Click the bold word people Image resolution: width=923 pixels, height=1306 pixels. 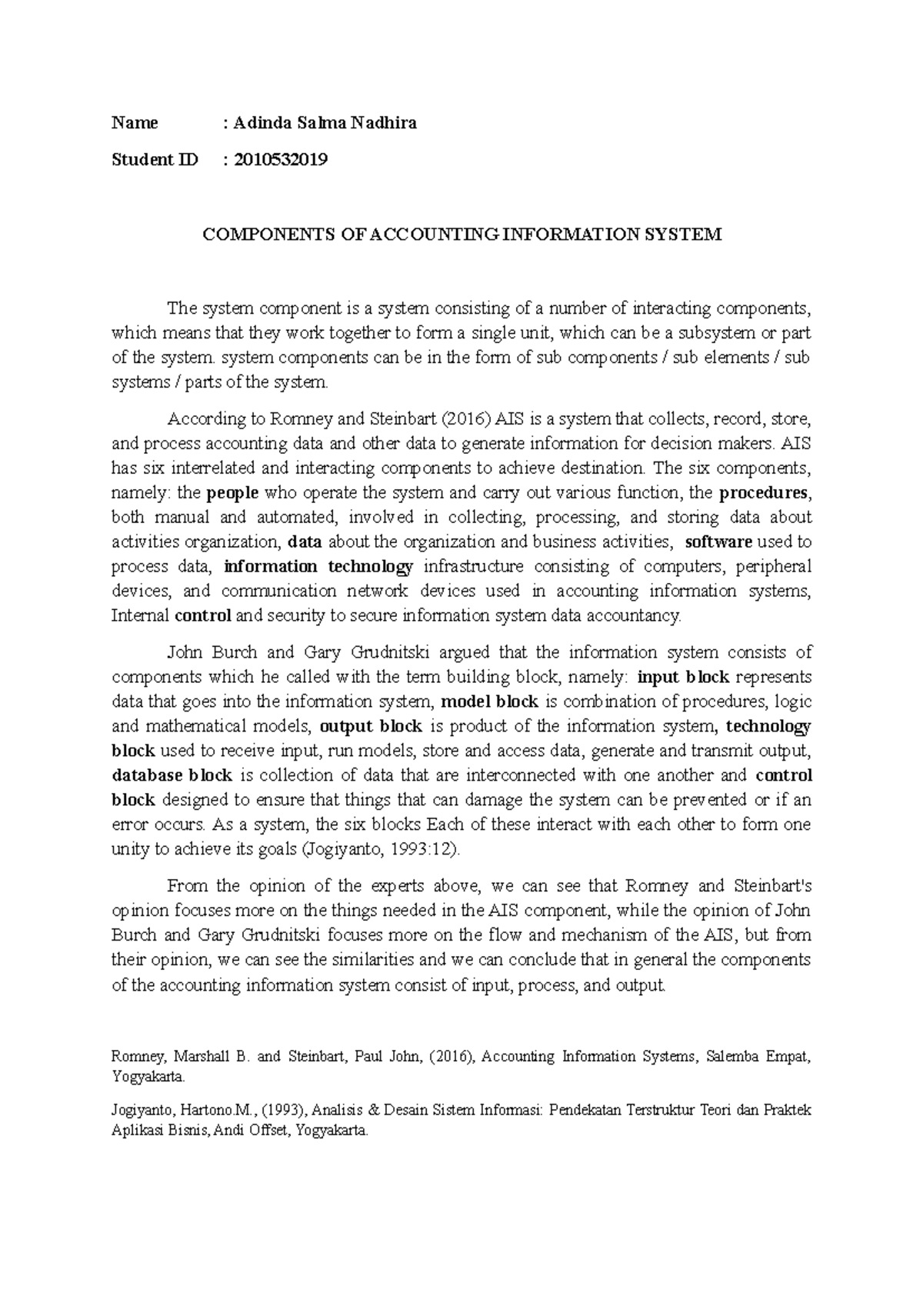tap(233, 493)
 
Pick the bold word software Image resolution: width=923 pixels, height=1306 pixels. tap(718, 542)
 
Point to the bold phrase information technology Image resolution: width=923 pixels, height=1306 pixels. tap(318, 567)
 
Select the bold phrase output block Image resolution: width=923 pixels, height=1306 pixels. tap(371, 727)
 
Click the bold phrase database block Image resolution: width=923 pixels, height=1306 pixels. tap(172, 776)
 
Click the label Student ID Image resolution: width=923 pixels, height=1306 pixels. tap(155, 160)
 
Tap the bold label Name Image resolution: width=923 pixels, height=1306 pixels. tap(135, 123)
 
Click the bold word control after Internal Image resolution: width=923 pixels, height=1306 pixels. tap(203, 616)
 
